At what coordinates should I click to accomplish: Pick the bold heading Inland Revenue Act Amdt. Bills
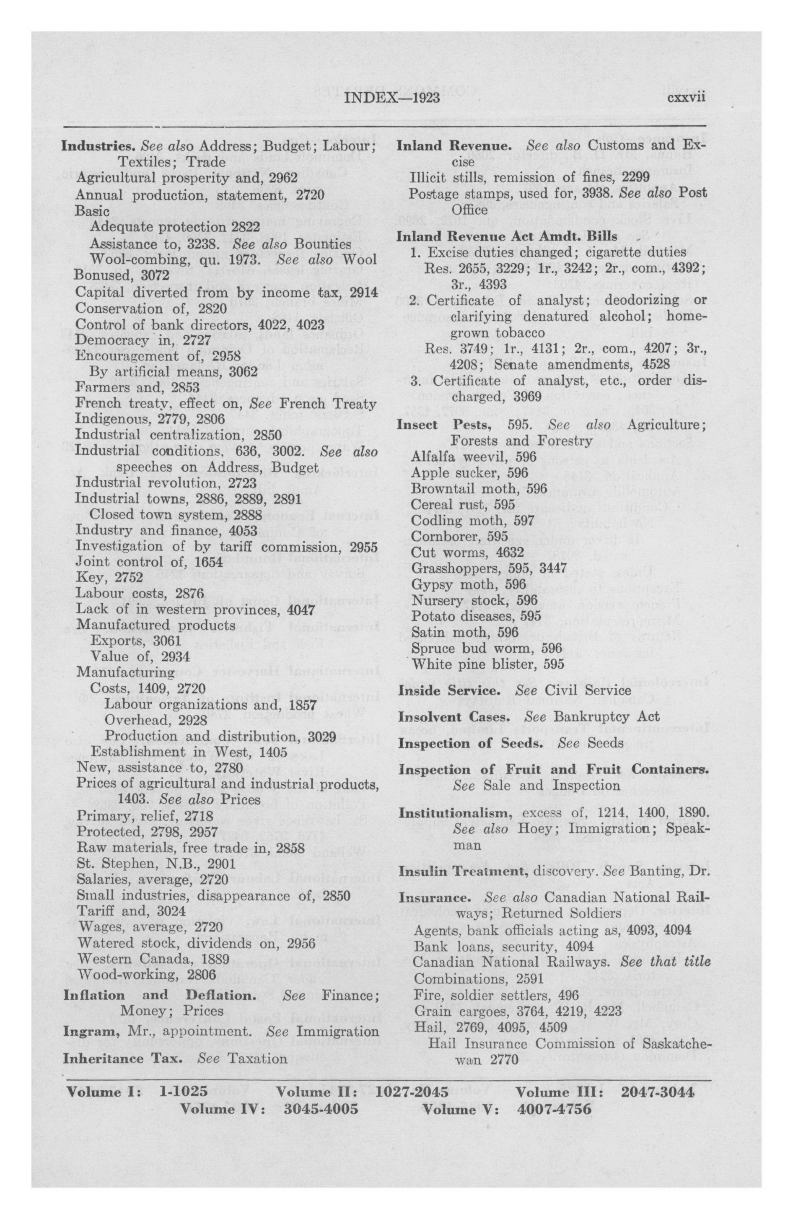[507, 236]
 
